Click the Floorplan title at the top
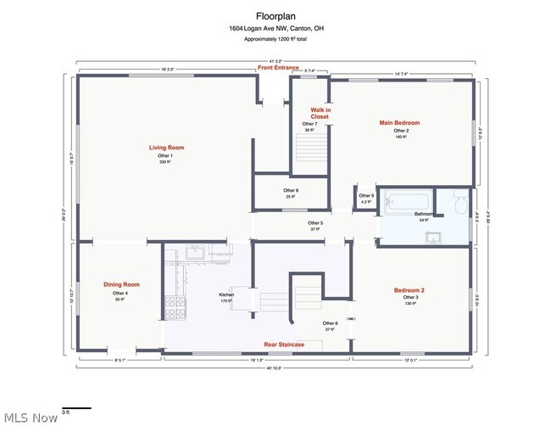[275, 15]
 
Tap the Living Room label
[166, 148]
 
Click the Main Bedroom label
[398, 123]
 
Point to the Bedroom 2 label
[409, 290]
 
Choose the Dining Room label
[121, 284]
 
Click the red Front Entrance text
[279, 68]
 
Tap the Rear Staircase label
[284, 345]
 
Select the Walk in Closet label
[320, 113]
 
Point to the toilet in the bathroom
[459, 205]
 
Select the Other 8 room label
[291, 190]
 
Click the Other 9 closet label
[366, 196]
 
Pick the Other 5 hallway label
[315, 223]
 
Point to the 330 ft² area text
[166, 162]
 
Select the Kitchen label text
[226, 294]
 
